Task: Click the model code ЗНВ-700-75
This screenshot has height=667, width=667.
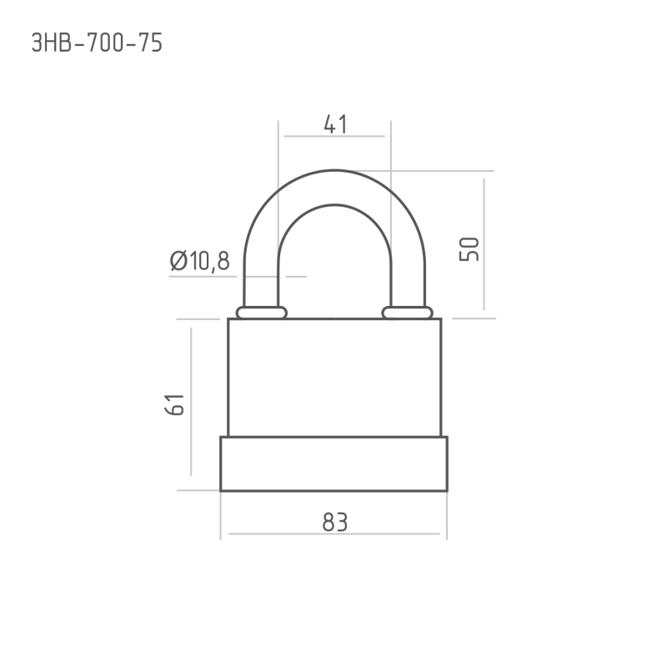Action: (x=97, y=43)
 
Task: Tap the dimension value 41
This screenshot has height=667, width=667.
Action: (x=335, y=124)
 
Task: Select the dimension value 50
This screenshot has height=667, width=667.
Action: (x=469, y=249)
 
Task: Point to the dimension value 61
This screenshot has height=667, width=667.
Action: (x=174, y=404)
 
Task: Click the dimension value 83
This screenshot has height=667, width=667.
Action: (x=335, y=522)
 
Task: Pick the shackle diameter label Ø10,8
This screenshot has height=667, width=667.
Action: (x=199, y=261)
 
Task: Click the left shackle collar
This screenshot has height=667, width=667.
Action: (x=262, y=313)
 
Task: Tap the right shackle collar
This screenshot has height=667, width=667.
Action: (x=407, y=313)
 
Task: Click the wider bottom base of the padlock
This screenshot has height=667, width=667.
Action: (x=334, y=464)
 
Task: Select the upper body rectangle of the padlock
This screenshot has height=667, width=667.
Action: (x=334, y=378)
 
